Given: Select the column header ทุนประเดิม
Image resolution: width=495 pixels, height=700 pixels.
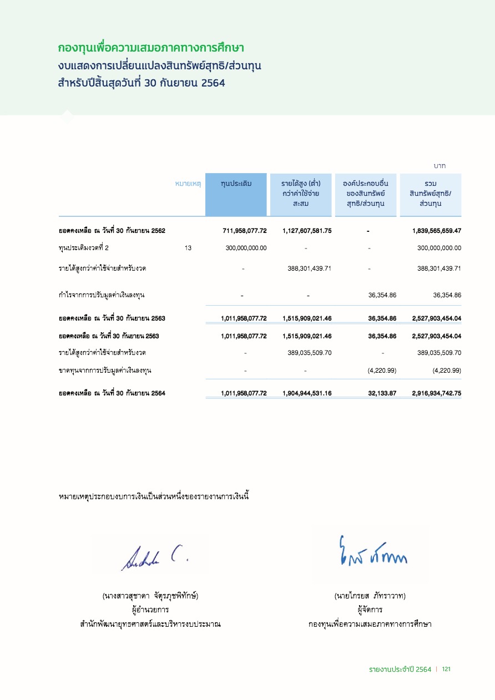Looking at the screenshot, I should click(236, 183).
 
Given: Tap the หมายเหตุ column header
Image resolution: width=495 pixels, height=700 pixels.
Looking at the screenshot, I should click(188, 183).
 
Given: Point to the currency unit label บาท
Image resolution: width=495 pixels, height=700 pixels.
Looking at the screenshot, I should click(440, 166).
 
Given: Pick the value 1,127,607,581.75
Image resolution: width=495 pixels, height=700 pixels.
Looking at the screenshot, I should click(307, 231).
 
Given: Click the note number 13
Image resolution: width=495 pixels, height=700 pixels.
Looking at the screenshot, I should click(188, 248).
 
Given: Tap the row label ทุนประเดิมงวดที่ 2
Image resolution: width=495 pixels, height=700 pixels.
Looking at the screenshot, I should click(84, 248).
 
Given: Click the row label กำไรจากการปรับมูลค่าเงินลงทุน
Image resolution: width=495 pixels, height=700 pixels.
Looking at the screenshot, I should click(102, 295).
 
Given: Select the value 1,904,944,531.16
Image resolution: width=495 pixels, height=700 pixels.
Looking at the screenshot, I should click(307, 393).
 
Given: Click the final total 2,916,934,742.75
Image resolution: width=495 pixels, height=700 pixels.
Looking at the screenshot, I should click(437, 393).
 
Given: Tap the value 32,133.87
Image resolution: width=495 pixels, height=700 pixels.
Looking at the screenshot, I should click(382, 393).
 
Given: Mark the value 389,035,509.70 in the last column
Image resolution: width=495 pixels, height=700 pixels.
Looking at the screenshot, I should click(439, 352).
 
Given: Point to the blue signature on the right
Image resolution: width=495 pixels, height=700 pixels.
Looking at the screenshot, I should click(373, 552).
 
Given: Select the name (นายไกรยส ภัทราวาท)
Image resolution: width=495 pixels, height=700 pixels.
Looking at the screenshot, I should click(370, 596).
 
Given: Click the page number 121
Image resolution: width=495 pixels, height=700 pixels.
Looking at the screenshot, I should click(446, 669).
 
